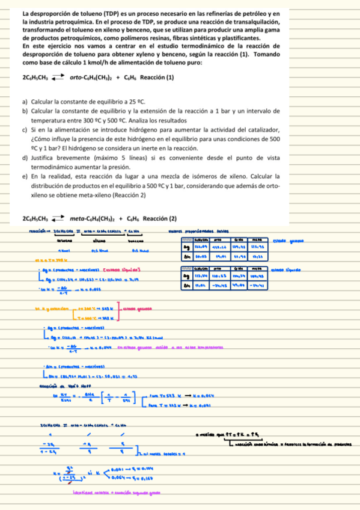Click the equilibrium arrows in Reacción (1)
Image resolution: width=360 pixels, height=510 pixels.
click(57, 78)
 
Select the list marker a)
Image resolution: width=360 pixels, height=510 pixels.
click(25, 103)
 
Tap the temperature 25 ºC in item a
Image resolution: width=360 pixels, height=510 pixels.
click(138, 103)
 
